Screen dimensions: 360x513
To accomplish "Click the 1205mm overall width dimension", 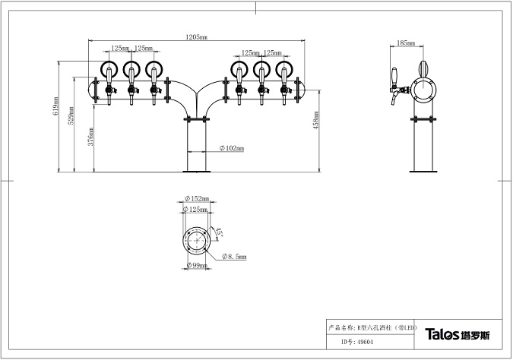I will click(196, 36).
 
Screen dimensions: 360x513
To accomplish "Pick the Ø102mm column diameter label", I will click(232, 149).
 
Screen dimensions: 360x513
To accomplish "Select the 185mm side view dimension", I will click(406, 44).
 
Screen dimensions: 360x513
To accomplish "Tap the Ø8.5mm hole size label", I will click(236, 257).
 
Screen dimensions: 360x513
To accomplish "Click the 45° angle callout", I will click(220, 230).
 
